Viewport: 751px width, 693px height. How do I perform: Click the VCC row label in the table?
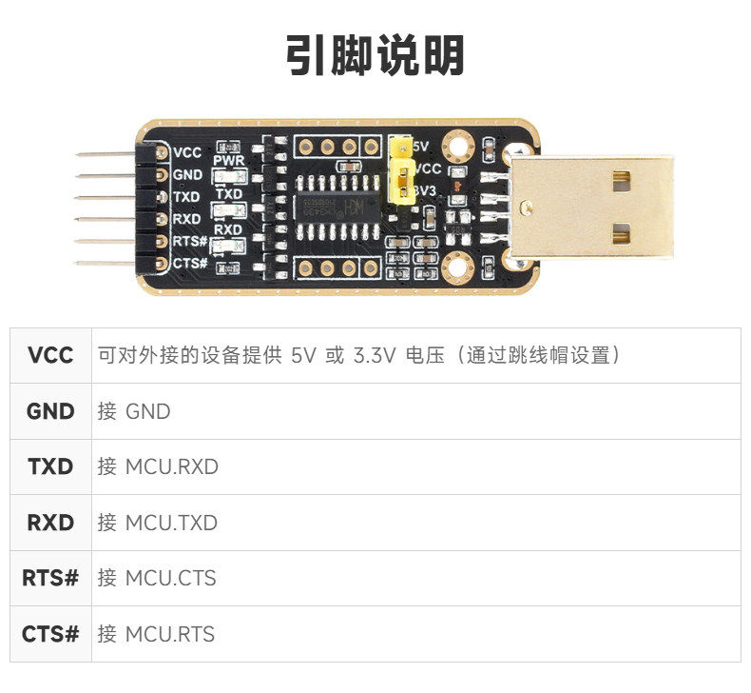[x=50, y=356]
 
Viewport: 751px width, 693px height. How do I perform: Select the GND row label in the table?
[x=50, y=411]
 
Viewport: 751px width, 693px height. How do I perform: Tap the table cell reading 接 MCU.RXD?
[x=158, y=467]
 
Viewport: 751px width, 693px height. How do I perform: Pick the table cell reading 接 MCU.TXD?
[x=158, y=523]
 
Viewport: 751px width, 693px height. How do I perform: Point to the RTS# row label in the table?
[x=50, y=578]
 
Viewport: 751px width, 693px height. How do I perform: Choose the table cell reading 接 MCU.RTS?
[x=156, y=634]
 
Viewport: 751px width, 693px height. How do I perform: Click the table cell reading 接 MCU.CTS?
[x=156, y=578]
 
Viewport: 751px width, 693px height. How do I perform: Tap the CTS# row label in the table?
[x=50, y=634]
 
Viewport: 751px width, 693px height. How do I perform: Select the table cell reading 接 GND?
[x=134, y=411]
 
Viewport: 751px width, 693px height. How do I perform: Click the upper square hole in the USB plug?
[x=622, y=177]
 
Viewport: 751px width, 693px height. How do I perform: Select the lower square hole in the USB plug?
[x=622, y=231]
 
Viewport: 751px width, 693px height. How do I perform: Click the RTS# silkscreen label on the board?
[x=188, y=241]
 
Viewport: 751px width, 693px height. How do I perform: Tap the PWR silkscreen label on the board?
[x=229, y=162]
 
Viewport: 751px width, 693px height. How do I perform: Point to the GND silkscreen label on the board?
[x=187, y=174]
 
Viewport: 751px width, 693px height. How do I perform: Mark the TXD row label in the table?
[x=50, y=467]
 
